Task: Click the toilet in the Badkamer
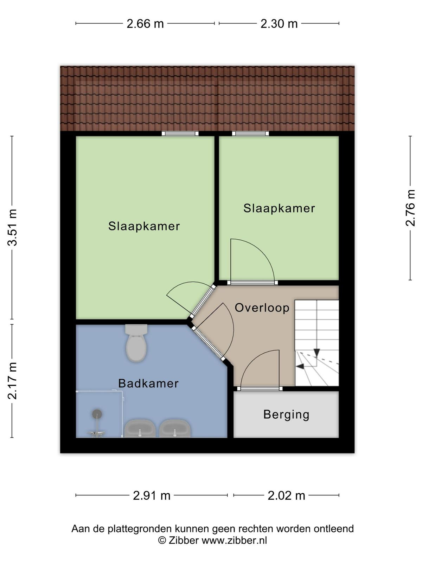coord(136,343)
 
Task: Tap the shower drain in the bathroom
coord(97,414)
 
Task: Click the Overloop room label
coord(262,308)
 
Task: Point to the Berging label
coord(286,415)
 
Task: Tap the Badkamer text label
coord(148,384)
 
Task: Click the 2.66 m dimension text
coord(145,24)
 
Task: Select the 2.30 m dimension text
coord(279,24)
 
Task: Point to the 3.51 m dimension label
coord(12,228)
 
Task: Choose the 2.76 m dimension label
coord(410,208)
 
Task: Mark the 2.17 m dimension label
coord(12,381)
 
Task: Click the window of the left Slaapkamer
coord(180,133)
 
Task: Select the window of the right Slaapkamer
coord(250,133)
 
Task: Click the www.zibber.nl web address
coord(234,540)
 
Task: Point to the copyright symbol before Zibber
coord(162,540)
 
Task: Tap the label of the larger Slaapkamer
coord(144,226)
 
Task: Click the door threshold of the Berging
coord(260,388)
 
